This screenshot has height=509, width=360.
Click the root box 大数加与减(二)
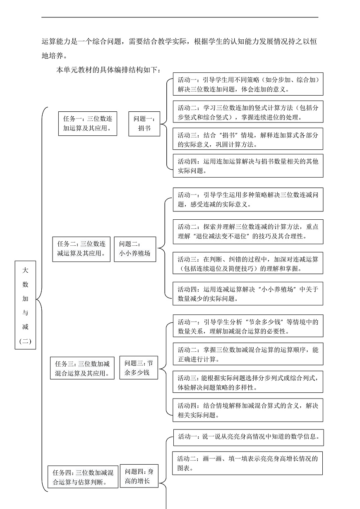[x=25, y=305]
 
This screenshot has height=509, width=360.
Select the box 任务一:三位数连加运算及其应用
[x=87, y=123]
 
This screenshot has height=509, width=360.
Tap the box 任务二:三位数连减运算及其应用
[x=82, y=249]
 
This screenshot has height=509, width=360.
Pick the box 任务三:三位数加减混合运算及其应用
[x=82, y=368]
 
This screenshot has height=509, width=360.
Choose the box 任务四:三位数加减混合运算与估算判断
[x=83, y=477]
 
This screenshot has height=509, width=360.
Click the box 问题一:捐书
[x=144, y=123]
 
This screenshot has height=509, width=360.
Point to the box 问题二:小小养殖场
[x=135, y=249]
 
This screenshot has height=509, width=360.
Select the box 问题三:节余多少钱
[x=139, y=367]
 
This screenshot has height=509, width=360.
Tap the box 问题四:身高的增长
[x=139, y=476]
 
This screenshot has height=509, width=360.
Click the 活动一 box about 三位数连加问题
[x=248, y=84]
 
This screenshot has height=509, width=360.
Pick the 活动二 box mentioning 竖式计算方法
[x=248, y=112]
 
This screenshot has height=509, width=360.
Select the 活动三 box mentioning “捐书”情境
[x=248, y=140]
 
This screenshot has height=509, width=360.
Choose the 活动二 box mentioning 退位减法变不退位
[x=248, y=232]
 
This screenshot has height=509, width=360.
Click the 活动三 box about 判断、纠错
[x=248, y=264]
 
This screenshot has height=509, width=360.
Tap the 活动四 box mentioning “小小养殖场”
[x=248, y=294]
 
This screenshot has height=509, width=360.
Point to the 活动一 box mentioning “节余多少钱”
[x=248, y=327]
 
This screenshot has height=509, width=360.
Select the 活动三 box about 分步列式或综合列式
[x=248, y=382]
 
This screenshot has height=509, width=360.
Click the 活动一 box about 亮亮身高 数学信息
[x=248, y=437]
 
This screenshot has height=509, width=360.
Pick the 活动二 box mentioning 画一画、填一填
[x=247, y=463]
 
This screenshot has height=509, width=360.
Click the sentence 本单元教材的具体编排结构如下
[x=109, y=70]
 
